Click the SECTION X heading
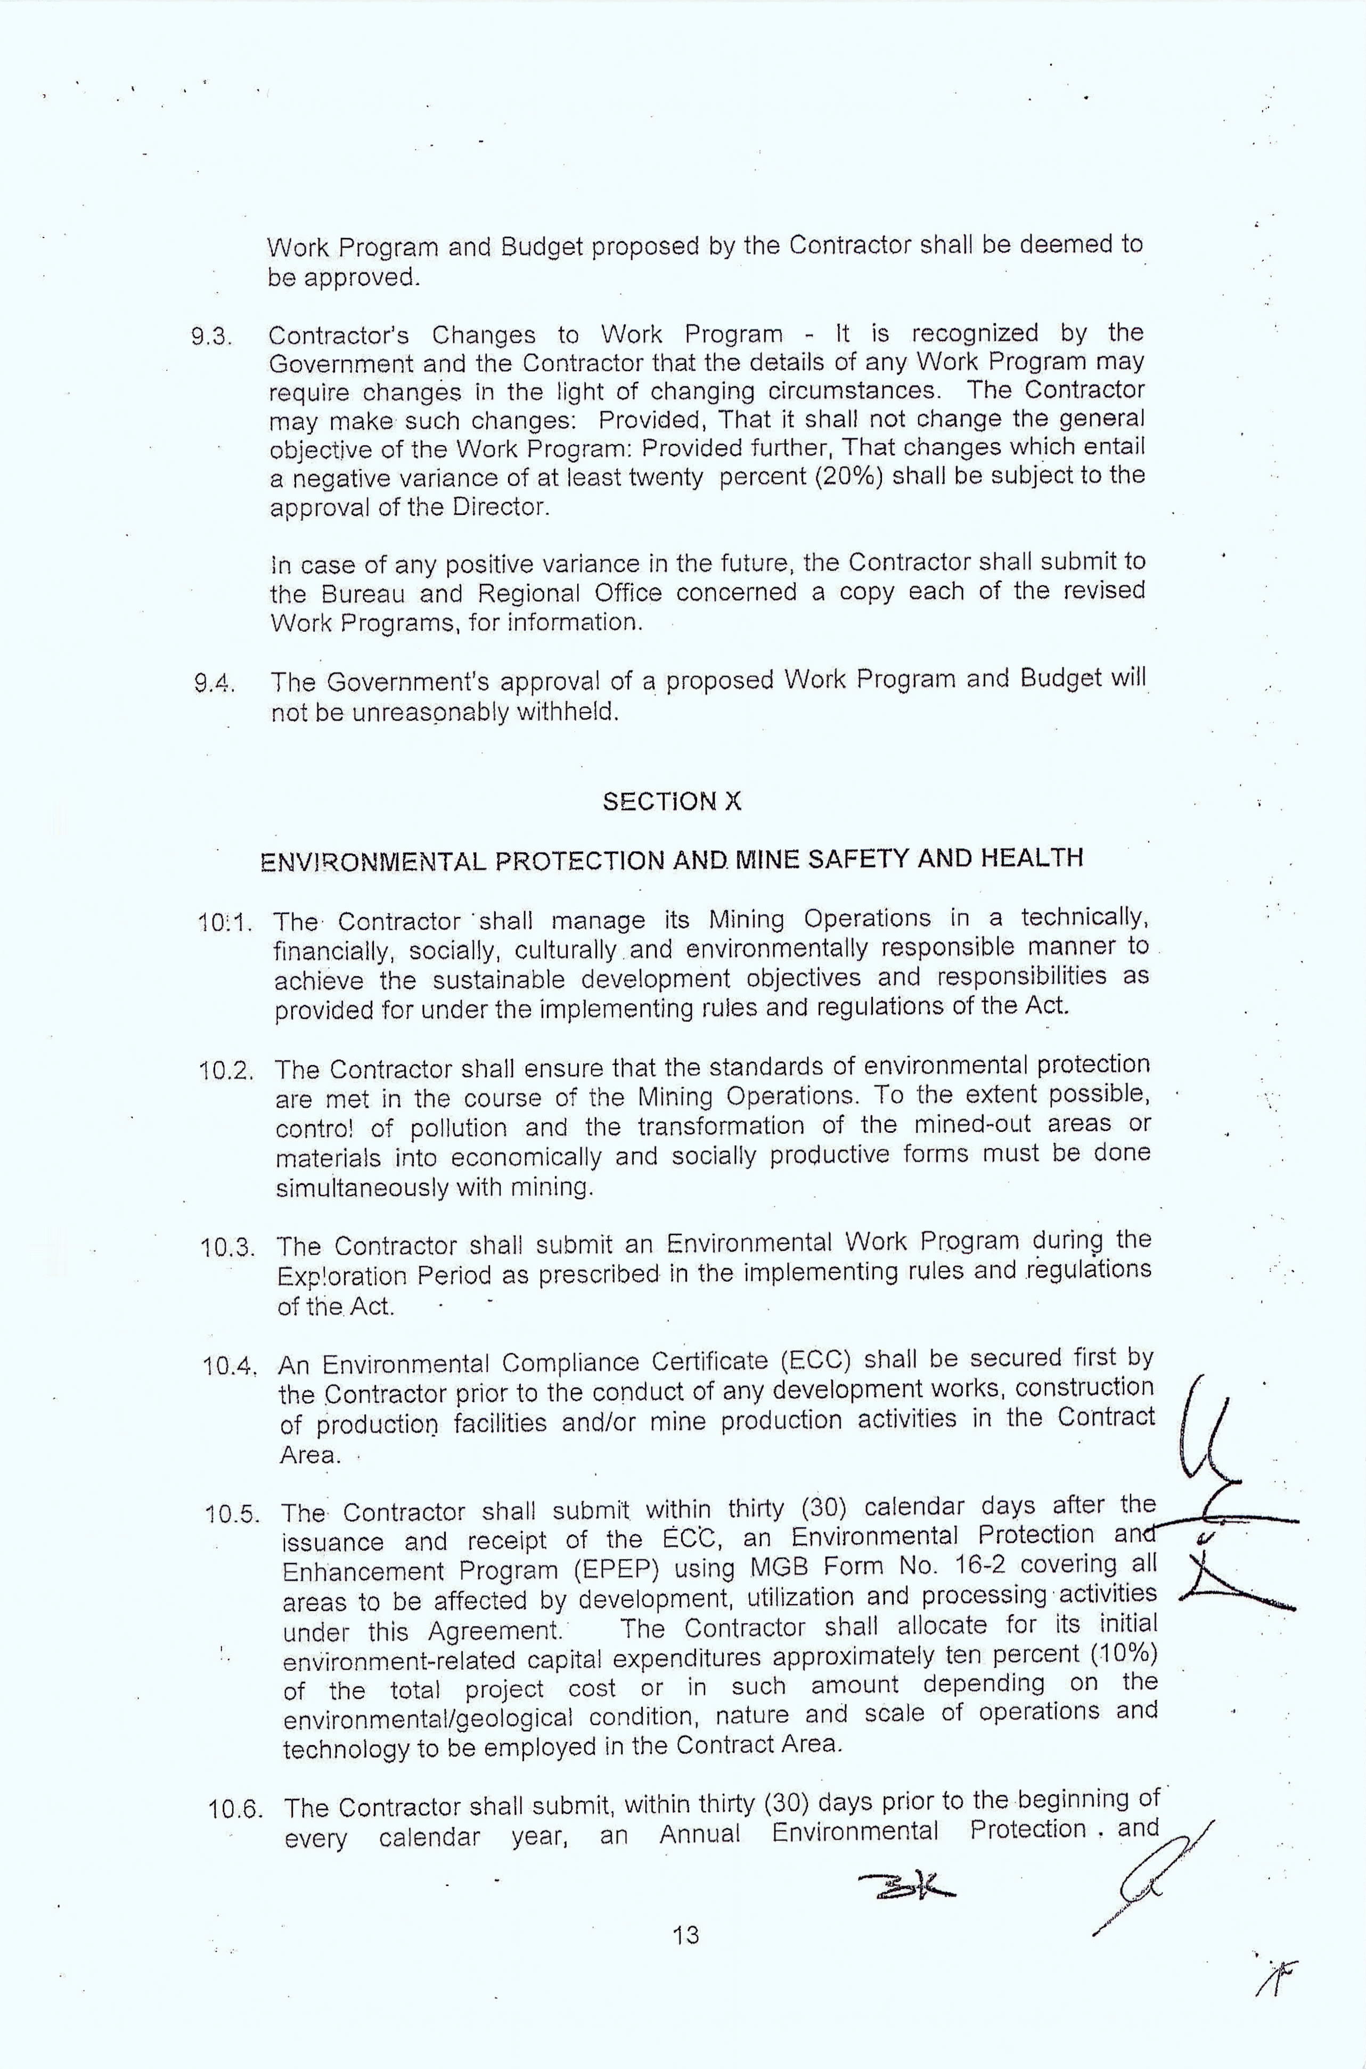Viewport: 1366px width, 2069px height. click(x=672, y=802)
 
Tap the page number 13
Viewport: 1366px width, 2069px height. click(x=685, y=1959)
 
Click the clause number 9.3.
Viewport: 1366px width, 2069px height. click(x=212, y=337)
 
